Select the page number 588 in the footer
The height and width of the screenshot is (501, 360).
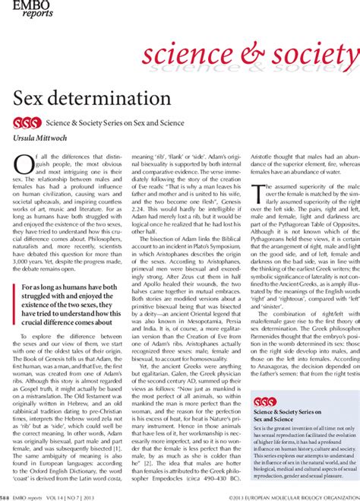6,495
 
